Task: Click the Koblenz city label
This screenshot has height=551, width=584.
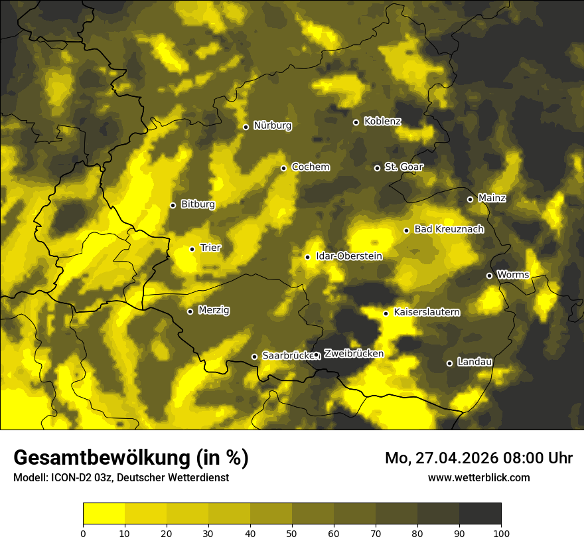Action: pyautogui.click(x=382, y=121)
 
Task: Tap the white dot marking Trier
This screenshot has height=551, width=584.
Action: pyautogui.click(x=192, y=249)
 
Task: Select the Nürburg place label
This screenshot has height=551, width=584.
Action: pyautogui.click(x=272, y=125)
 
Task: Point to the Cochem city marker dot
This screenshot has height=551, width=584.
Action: pyautogui.click(x=283, y=168)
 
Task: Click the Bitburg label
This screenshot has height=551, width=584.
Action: pyautogui.click(x=198, y=204)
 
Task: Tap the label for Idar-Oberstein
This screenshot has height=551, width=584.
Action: pyautogui.click(x=349, y=256)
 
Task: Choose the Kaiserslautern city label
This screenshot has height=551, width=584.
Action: pyautogui.click(x=427, y=312)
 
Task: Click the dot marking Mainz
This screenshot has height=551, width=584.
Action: pyautogui.click(x=470, y=199)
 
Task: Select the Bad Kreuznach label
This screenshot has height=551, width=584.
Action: pyautogui.click(x=449, y=229)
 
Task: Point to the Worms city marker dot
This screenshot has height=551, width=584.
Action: pyautogui.click(x=489, y=275)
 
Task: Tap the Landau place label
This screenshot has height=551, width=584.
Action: pyautogui.click(x=475, y=362)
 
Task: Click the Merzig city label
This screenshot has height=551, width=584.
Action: pyautogui.click(x=214, y=310)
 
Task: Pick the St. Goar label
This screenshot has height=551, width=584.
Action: pyautogui.click(x=403, y=167)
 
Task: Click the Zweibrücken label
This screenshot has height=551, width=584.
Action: pyautogui.click(x=354, y=354)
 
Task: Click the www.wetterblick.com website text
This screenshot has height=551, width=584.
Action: pyautogui.click(x=479, y=477)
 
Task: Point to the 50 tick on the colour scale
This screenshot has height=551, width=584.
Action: pyautogui.click(x=292, y=532)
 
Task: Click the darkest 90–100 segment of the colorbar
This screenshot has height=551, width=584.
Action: pyautogui.click(x=480, y=514)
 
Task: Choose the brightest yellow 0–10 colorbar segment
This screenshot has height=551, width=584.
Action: pyautogui.click(x=104, y=514)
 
